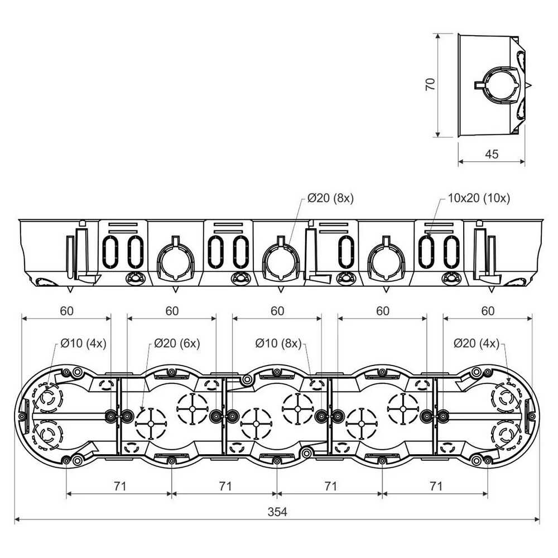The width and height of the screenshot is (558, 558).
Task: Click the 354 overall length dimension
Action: pyautogui.click(x=277, y=512)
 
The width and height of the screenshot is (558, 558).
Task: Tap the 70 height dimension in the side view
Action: pyautogui.click(x=430, y=84)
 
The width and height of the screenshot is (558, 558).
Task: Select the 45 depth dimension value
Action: pyautogui.click(x=492, y=154)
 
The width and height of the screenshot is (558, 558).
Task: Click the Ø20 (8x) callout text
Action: pyautogui.click(x=330, y=198)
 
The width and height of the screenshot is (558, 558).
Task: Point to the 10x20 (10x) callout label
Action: pyautogui.click(x=479, y=198)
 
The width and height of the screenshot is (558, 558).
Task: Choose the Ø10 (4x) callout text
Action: pyautogui.click(x=83, y=343)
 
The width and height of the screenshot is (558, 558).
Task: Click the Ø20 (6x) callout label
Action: pyautogui.click(x=177, y=343)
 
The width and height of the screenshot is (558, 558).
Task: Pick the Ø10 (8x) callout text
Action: pyautogui.click(x=278, y=343)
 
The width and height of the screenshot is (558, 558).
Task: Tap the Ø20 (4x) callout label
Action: pyautogui.click(x=477, y=343)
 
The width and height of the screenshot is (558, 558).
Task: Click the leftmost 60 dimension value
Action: pyautogui.click(x=66, y=311)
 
